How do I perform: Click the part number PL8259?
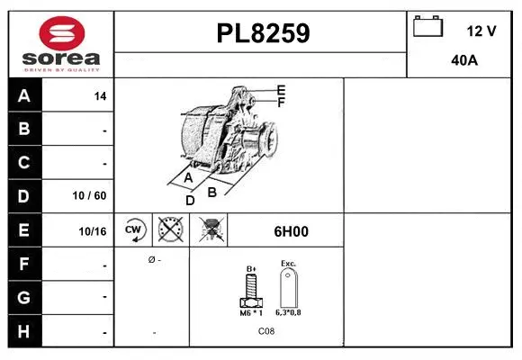tap(263, 34)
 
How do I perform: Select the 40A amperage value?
tap(463, 60)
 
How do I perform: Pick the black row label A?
tap(23, 95)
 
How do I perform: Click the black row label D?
tap(23, 195)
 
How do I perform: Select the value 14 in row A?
tap(100, 96)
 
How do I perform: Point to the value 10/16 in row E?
tap(93, 231)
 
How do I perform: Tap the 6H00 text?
tap(291, 231)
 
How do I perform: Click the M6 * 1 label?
tap(251, 312)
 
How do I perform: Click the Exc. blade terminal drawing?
tap(288, 288)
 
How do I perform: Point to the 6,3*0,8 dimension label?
tap(288, 312)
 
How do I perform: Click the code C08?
tap(266, 332)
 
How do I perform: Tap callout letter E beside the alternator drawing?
tap(281, 90)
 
